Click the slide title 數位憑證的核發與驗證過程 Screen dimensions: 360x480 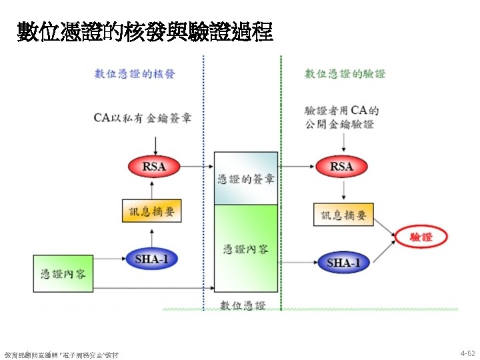[x=145, y=31]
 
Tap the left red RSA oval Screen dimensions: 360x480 [x=153, y=167]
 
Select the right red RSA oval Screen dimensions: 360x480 [x=341, y=167]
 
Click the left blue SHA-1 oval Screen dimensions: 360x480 [x=152, y=259]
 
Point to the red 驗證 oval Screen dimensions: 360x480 [x=421, y=237]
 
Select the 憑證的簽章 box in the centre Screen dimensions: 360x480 [x=245, y=179]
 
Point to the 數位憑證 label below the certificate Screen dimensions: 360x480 [x=244, y=305]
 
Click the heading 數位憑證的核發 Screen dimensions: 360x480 [x=135, y=74]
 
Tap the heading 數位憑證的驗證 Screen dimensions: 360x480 [x=345, y=74]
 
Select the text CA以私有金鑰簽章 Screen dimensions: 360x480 [x=143, y=118]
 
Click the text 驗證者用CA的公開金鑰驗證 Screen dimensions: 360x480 [x=341, y=117]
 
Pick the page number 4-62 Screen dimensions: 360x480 [x=467, y=352]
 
